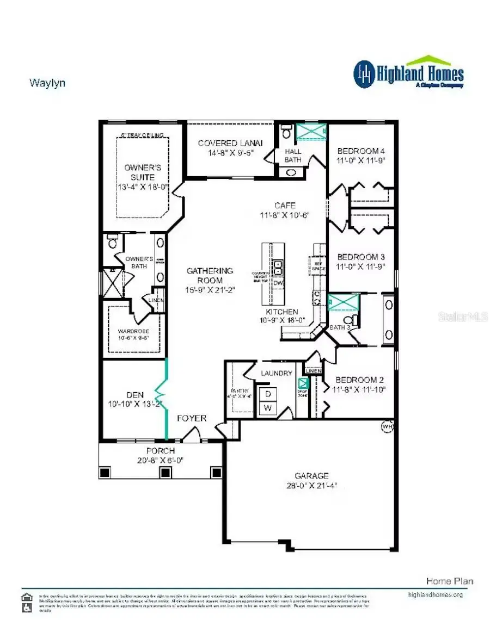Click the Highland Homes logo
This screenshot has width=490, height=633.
(408, 73)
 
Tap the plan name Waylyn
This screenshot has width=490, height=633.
(47, 83)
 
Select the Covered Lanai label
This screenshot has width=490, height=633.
(230, 143)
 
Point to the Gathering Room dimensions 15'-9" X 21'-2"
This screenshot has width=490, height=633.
(210, 290)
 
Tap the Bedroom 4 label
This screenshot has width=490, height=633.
(361, 151)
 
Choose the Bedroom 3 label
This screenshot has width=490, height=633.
(361, 257)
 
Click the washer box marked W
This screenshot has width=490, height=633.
(267, 407)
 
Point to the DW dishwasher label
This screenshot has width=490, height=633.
(278, 283)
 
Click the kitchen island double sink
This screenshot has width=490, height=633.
(278, 268)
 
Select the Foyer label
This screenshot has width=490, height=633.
(192, 418)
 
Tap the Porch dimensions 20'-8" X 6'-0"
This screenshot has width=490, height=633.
(160, 460)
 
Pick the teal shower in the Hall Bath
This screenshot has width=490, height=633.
(310, 132)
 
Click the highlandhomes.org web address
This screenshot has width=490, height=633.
(435, 595)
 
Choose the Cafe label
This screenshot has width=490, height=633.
(285, 206)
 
